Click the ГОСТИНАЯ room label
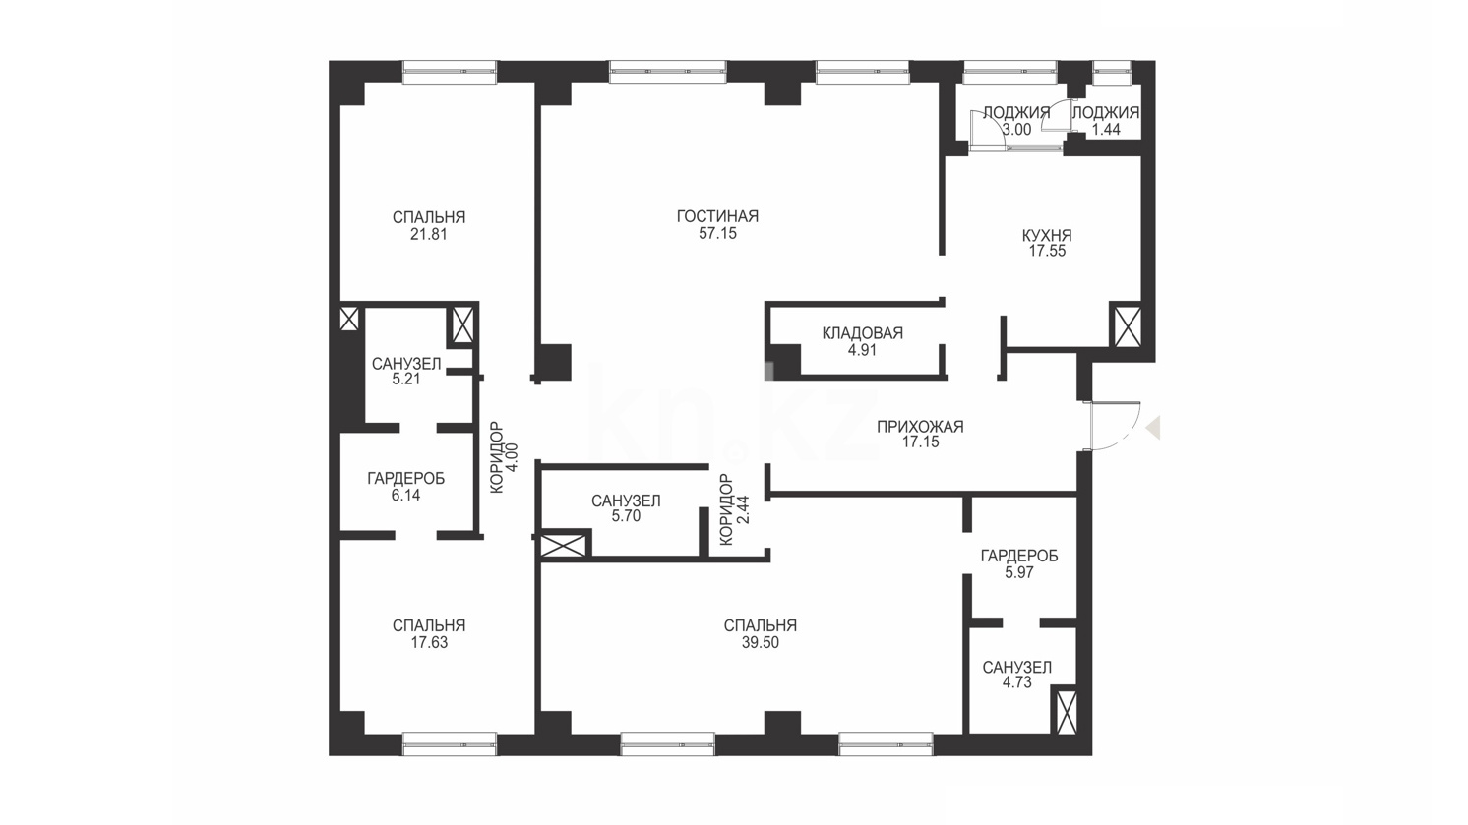click(717, 216)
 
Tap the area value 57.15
click(717, 233)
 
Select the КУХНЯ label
click(1047, 235)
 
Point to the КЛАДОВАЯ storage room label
click(863, 333)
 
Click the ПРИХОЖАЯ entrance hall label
click(920, 427)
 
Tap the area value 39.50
click(761, 643)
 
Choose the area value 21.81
click(429, 234)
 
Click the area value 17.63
click(429, 643)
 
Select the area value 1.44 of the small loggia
click(1106, 130)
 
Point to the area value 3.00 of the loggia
click(1016, 130)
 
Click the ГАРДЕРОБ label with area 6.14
click(405, 479)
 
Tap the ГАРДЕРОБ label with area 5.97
click(1019, 556)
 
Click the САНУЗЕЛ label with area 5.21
click(406, 364)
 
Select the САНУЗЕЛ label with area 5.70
click(626, 501)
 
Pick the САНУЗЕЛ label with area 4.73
click(1017, 668)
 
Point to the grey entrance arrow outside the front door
click(1153, 427)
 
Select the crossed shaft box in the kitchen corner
click(1127, 324)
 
